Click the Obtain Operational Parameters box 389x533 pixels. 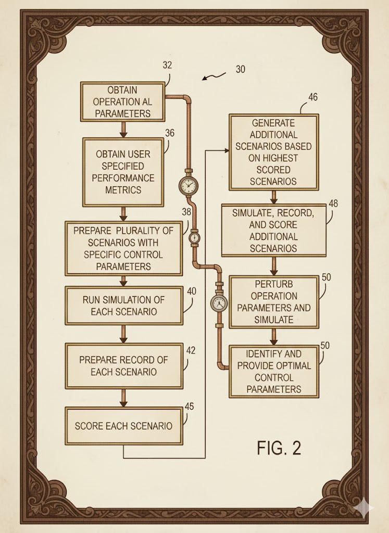[122, 101]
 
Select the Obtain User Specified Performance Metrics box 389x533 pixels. [123, 172]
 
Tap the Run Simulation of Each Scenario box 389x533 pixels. [123, 306]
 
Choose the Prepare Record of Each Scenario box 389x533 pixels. [123, 366]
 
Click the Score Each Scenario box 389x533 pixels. [123, 426]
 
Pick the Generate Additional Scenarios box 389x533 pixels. [273, 152]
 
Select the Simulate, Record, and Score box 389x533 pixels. [273, 231]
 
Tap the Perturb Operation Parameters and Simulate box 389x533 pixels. [274, 302]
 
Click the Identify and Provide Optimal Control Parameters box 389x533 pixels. [273, 372]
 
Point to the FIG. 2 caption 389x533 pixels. [279, 448]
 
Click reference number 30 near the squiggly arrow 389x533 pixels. [240, 69]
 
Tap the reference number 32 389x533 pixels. [167, 66]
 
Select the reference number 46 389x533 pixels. [312, 97]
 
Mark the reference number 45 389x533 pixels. [189, 406]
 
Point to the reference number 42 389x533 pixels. [191, 350]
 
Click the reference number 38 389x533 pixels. [186, 212]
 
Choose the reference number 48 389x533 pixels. [333, 204]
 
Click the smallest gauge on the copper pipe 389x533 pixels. [194, 237]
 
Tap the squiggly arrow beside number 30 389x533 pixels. [215, 77]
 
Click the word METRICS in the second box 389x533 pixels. [123, 190]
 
